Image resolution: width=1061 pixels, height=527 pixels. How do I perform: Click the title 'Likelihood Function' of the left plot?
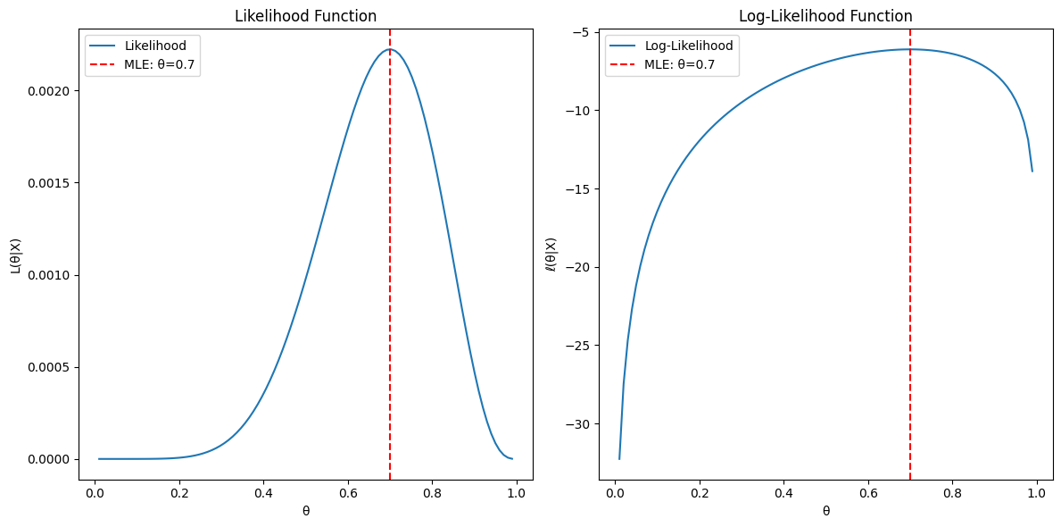click(305, 16)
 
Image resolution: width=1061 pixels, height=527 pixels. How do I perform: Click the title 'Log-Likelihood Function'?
click(825, 16)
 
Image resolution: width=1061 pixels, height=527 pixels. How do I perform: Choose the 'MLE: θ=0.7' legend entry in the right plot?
click(679, 64)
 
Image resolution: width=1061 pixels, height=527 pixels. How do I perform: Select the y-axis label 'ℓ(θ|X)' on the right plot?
click(551, 255)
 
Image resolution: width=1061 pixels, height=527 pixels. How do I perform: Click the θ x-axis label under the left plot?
click(305, 511)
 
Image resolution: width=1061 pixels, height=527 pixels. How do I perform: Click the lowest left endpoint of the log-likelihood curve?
click(619, 459)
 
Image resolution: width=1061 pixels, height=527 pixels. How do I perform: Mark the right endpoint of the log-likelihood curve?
click(1032, 171)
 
